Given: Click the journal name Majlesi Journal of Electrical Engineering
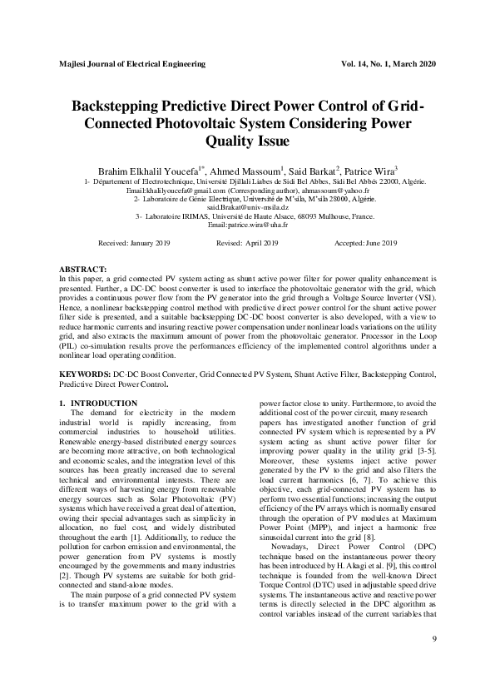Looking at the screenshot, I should click(x=133, y=63).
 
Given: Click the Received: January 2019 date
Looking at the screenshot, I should click(x=134, y=242).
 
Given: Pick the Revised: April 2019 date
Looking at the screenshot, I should click(x=247, y=242).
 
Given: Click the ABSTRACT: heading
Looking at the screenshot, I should click(x=83, y=271).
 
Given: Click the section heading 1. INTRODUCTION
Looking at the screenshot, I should click(x=98, y=404).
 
